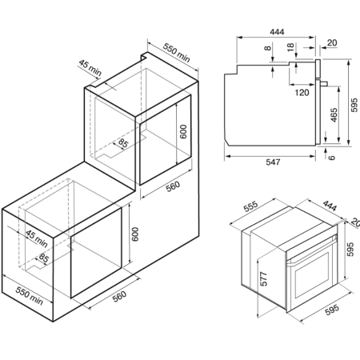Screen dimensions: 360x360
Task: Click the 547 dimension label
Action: click(273, 162)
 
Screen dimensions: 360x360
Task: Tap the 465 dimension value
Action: click(334, 115)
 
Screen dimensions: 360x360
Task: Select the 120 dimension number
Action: click(302, 93)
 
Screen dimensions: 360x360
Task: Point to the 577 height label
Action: click(263, 279)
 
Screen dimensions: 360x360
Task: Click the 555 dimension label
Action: click(251, 206)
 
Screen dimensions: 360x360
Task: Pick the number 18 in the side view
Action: click(290, 47)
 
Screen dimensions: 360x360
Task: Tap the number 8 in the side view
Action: click(267, 48)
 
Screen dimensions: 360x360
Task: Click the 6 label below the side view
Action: click(331, 158)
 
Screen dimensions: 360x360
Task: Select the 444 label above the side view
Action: click(277, 32)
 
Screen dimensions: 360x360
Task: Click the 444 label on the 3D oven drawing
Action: click(330, 206)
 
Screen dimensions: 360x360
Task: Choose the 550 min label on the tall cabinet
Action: click(176, 53)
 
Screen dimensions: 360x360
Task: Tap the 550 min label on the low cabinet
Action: click(29, 296)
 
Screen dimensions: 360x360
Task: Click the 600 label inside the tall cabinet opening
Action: click(183, 132)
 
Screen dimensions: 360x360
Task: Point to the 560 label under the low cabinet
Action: click(119, 296)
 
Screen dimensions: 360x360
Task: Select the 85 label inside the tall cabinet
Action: click(123, 143)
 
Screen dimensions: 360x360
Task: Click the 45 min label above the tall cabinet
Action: click(90, 68)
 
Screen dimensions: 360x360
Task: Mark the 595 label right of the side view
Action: click(354, 105)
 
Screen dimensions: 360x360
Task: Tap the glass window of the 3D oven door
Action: click(312, 275)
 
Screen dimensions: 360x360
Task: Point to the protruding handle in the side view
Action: click(324, 83)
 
